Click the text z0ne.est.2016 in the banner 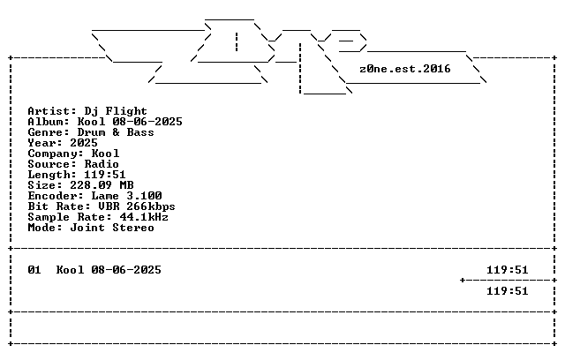(x=405, y=69)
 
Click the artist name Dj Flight (x=116, y=111)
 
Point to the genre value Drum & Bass (x=116, y=132)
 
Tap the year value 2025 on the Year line (x=84, y=143)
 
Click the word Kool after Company (x=105, y=154)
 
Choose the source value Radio (x=102, y=164)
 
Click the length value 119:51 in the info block (x=105, y=175)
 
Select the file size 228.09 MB (x=102, y=185)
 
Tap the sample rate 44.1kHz (x=144, y=217)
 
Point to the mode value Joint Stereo (x=112, y=228)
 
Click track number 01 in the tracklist (x=34, y=270)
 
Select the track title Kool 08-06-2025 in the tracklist (x=109, y=270)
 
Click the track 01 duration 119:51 (x=508, y=270)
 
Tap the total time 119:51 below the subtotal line (x=508, y=291)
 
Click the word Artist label (x=49, y=111)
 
